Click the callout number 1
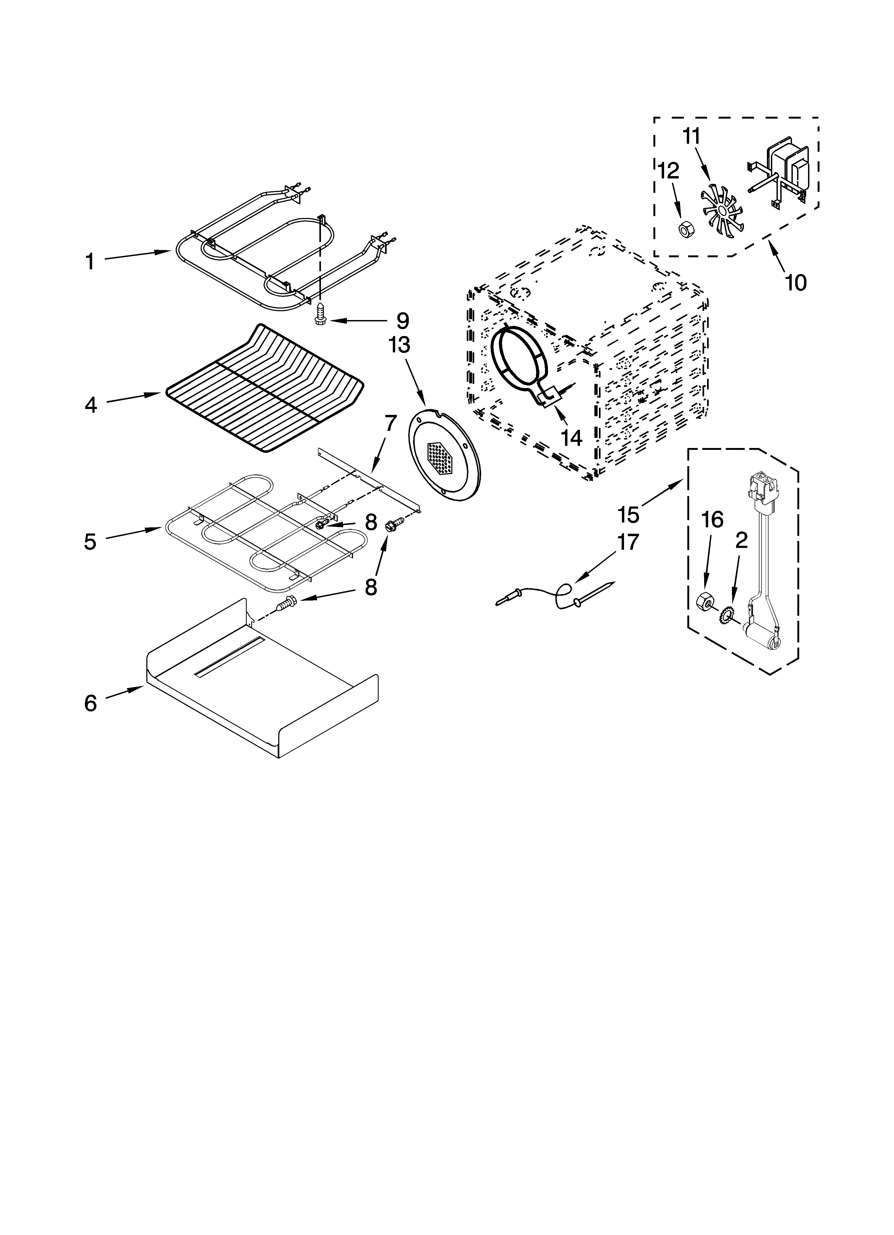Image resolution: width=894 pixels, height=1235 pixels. point(90,261)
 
